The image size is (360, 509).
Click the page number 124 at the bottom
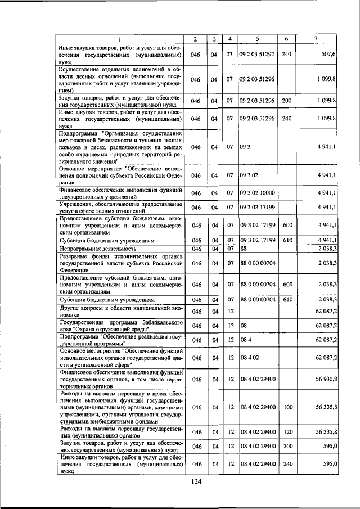195,481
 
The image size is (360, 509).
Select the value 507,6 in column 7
327,55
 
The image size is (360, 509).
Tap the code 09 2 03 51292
257,55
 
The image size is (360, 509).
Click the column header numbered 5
257,38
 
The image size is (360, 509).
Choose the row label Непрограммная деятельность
98,247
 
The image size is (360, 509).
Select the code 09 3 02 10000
257,193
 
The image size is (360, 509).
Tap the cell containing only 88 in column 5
244,247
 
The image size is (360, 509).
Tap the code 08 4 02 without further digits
249,357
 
